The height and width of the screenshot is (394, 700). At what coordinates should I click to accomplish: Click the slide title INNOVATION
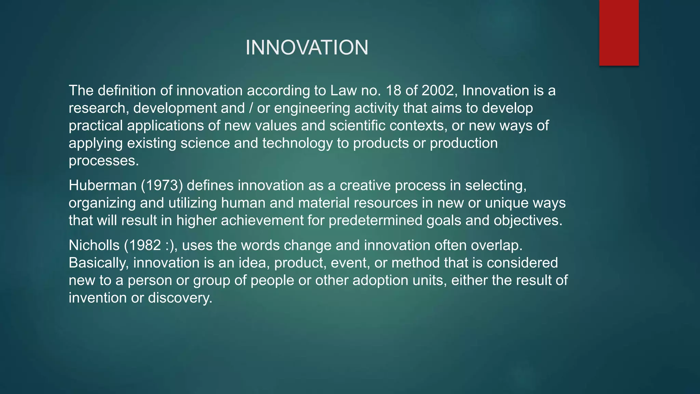pos(307,48)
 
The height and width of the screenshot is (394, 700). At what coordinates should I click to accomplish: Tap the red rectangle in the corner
pos(619,32)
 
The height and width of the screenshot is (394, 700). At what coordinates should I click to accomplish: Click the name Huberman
pos(103,185)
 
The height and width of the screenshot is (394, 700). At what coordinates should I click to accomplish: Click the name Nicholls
pos(94,245)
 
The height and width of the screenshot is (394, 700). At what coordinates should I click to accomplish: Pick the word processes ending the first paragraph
pos(104,161)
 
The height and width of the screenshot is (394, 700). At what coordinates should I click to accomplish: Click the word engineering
pos(312,108)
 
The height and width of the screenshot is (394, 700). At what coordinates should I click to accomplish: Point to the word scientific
pos(357,126)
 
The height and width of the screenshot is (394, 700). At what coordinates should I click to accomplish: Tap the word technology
pos(297,143)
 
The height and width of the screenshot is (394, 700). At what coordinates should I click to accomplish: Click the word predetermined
pos(375,221)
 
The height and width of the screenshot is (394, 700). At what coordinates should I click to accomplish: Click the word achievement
pos(262,221)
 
